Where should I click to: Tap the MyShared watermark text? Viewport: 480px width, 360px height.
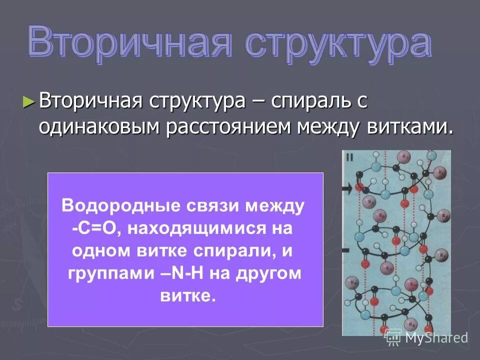coord(436,338)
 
